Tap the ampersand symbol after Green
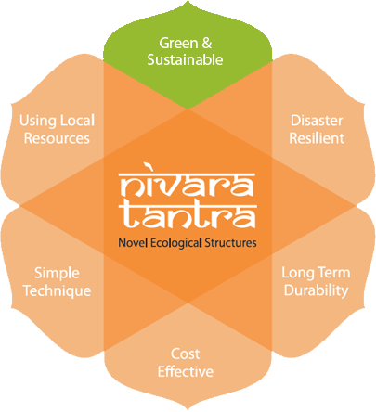pyautogui.click(x=207, y=43)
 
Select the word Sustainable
pyautogui.click(x=185, y=59)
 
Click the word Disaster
pyautogui.click(x=317, y=121)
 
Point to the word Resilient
pyautogui.click(x=317, y=138)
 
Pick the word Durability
pyautogui.click(x=317, y=290)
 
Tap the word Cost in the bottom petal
pyautogui.click(x=186, y=354)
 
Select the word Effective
pyautogui.click(x=186, y=371)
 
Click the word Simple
pyautogui.click(x=57, y=274)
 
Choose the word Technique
pyautogui.click(x=58, y=291)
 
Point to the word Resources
pyautogui.click(x=57, y=138)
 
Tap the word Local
pyautogui.click(x=77, y=121)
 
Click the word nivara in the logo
pyautogui.click(x=188, y=185)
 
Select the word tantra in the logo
pyautogui.click(x=188, y=216)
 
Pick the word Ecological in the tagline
pyautogui.click(x=176, y=243)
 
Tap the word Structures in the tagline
pyautogui.click(x=230, y=243)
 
